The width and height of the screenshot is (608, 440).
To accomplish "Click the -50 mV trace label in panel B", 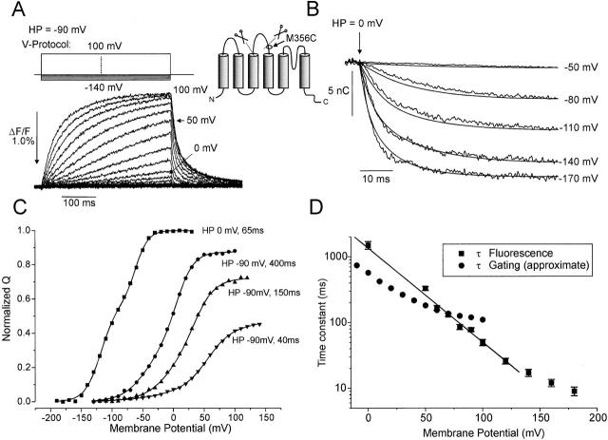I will pyautogui.click(x=578, y=67).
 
